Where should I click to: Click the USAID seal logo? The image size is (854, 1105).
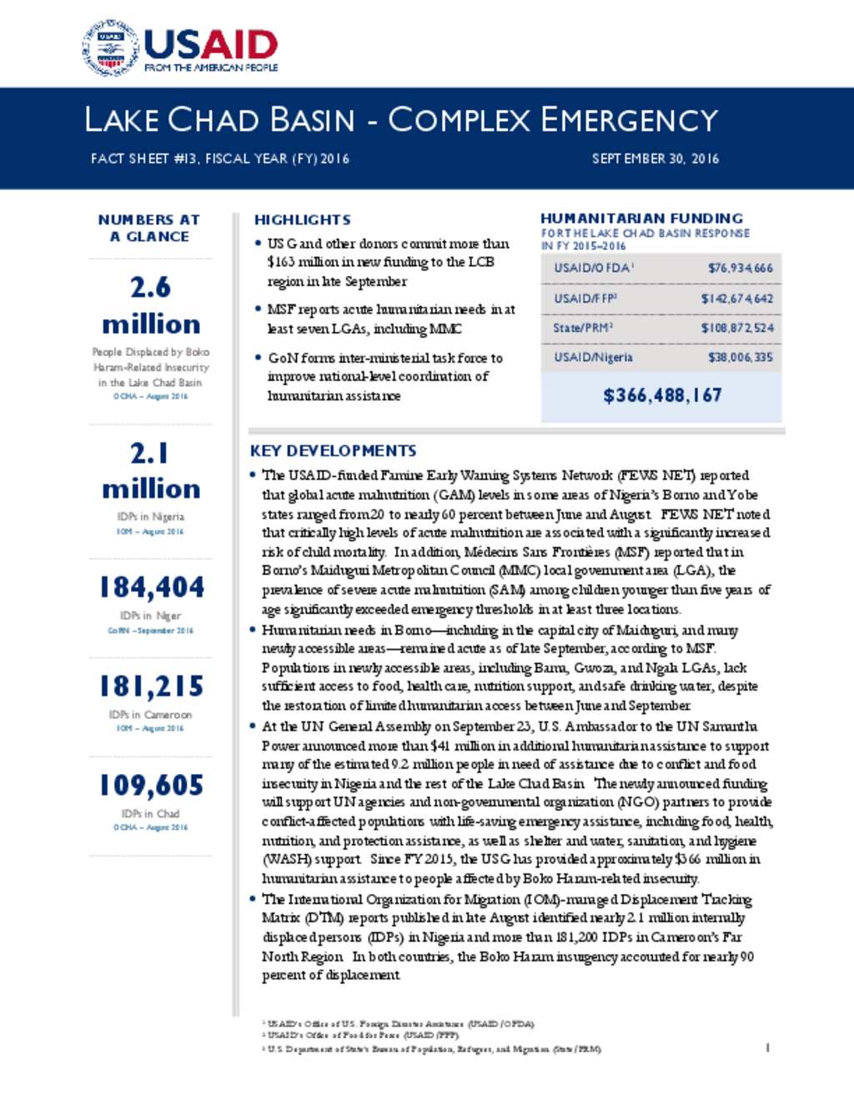tap(110, 48)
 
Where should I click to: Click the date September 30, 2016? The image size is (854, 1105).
tap(655, 158)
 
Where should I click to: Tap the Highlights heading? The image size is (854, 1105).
tap(302, 220)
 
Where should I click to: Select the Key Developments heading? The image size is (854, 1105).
tap(333, 451)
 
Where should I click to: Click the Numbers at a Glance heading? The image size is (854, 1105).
tap(149, 228)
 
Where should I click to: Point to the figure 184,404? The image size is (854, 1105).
tap(151, 587)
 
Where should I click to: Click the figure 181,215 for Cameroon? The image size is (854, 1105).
tap(151, 686)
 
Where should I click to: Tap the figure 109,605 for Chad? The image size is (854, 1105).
tap(151, 785)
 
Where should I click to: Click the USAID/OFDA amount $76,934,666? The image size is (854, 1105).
tap(740, 268)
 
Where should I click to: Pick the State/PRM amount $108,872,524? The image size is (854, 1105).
tap(736, 328)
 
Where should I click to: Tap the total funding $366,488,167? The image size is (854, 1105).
tap(662, 395)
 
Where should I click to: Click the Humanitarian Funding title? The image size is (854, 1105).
tap(641, 218)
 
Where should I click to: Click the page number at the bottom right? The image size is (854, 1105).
tap(767, 1047)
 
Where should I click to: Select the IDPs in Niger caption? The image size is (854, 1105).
tap(150, 615)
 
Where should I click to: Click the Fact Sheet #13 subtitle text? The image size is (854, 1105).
tap(219, 158)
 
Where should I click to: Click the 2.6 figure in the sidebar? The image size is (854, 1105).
tap(150, 288)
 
